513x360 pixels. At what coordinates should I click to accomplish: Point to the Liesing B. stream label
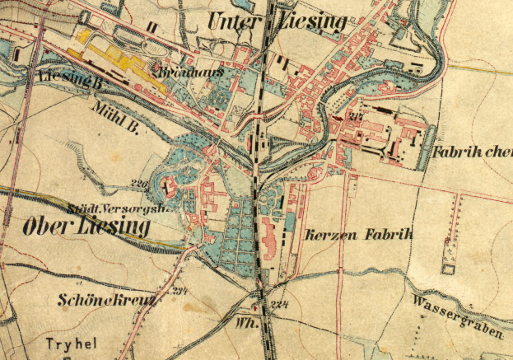coord(70,78)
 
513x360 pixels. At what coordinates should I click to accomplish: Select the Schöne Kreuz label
coord(107,300)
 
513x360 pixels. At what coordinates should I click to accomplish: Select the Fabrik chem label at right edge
coord(471,152)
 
